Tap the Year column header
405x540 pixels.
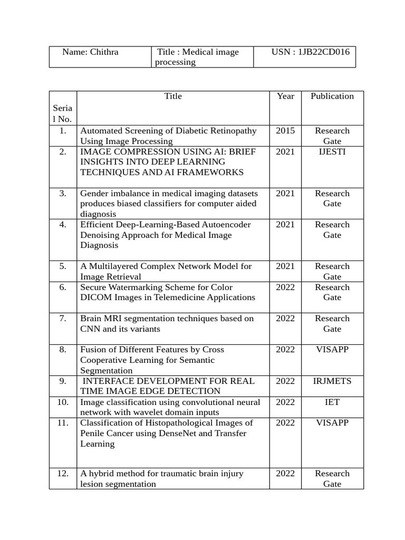pyautogui.click(x=285, y=96)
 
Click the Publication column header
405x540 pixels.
pyautogui.click(x=332, y=96)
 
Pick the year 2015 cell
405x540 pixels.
pyautogui.click(x=285, y=131)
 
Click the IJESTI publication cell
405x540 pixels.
pyautogui.click(x=332, y=152)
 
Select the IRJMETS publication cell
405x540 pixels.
pyautogui.click(x=332, y=381)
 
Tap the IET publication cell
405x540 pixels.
pyautogui.click(x=332, y=402)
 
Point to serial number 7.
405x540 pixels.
pyautogui.click(x=63, y=319)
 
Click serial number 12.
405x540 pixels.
pyautogui.click(x=63, y=474)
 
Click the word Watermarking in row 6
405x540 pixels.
pyautogui.click(x=133, y=287)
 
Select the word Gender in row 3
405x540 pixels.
pyautogui.click(x=94, y=194)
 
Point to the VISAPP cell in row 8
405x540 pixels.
pyautogui.click(x=332, y=350)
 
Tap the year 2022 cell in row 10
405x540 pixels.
pyautogui.click(x=285, y=402)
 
